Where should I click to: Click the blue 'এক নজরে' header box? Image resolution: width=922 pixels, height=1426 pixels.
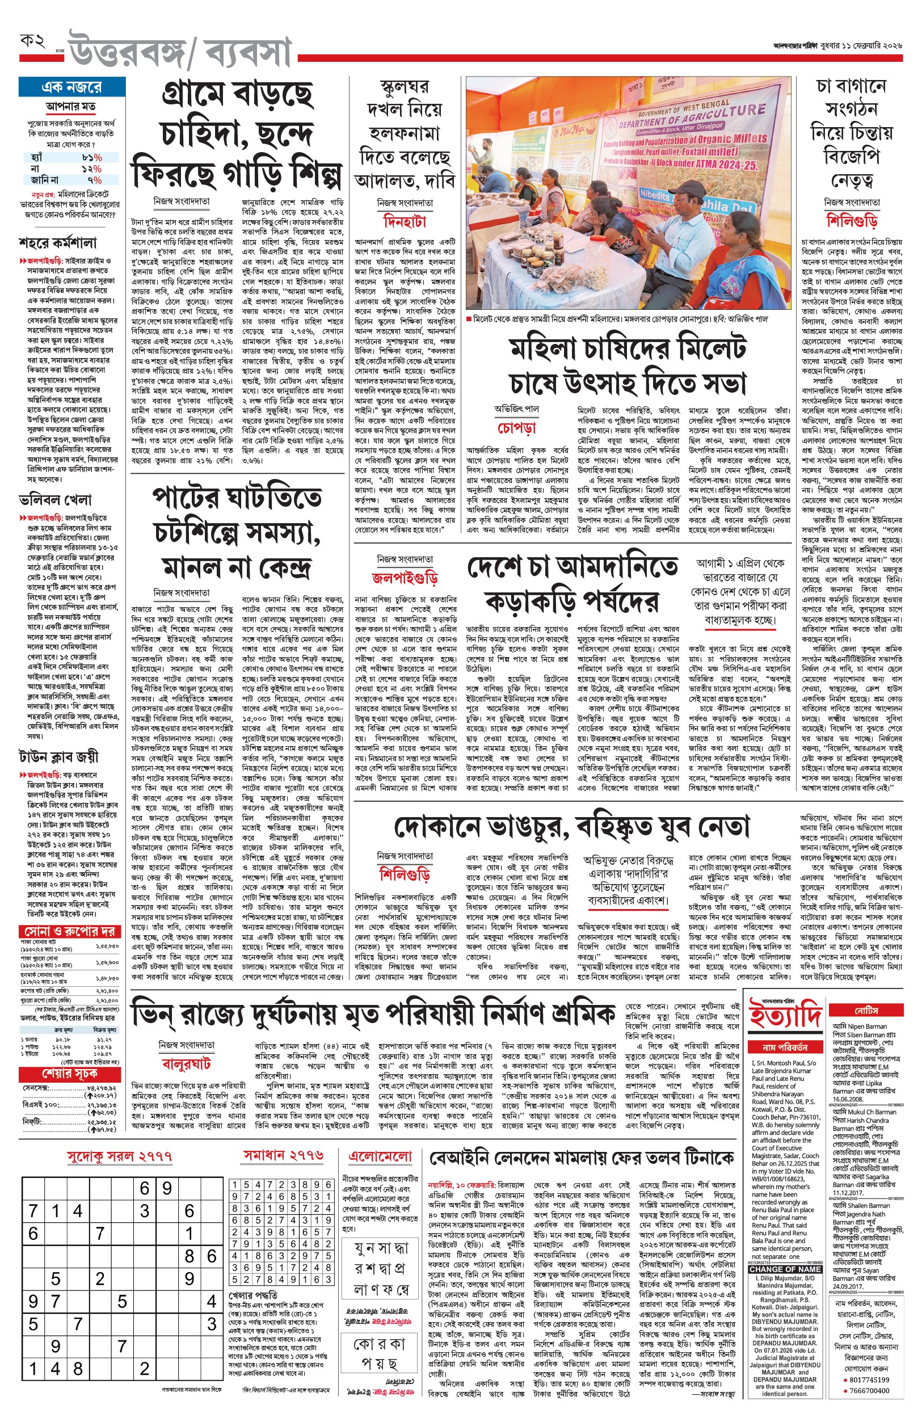coord(72,87)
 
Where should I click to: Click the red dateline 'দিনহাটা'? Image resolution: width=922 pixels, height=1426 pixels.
coord(405,222)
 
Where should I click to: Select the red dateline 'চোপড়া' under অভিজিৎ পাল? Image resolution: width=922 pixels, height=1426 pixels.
coord(516,428)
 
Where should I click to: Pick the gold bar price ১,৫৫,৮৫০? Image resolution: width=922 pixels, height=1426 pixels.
coord(108,947)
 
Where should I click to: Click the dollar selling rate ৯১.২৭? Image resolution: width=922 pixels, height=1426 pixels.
coord(104,1040)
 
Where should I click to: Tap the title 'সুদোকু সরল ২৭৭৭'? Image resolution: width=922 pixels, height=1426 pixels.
coord(119,1156)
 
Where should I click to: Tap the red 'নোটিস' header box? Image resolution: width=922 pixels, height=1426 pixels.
coord(866,1011)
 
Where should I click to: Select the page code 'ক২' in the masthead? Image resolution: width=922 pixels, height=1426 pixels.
coord(33,42)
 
